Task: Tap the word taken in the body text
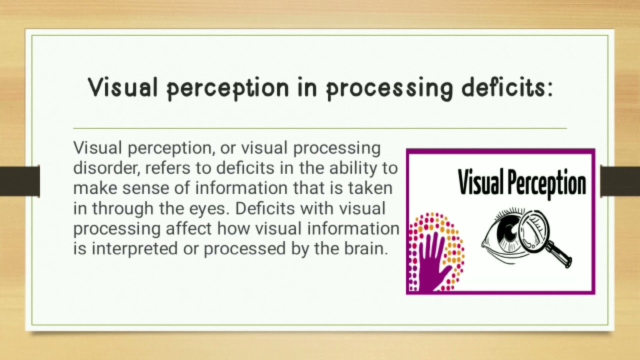[369, 188]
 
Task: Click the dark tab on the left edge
[19, 181]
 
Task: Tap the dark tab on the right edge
[620, 181]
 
